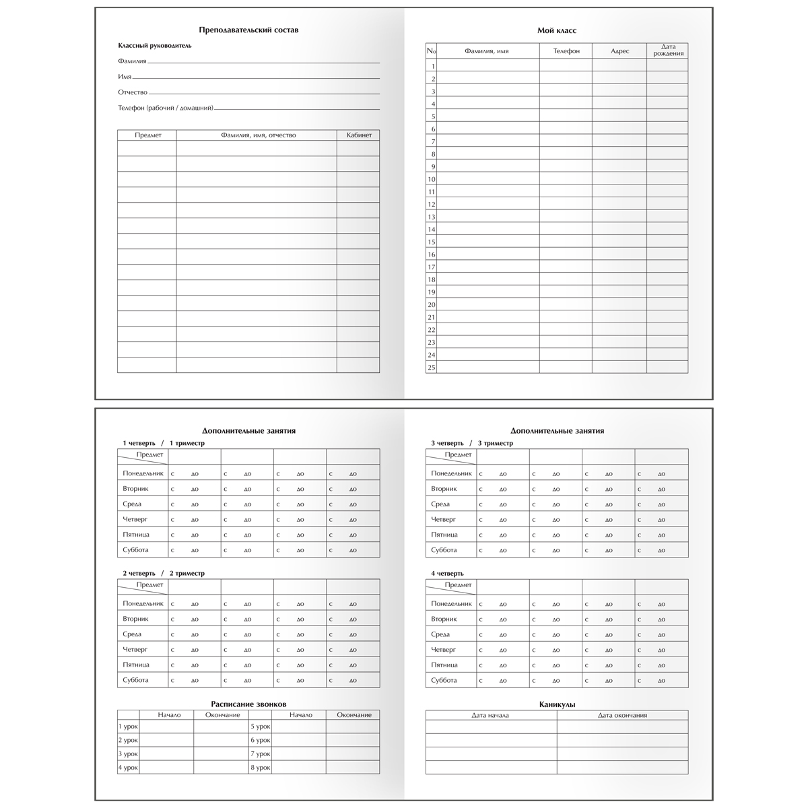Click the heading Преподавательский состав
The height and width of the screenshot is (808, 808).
coord(248,30)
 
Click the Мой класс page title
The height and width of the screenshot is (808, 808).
coord(556,30)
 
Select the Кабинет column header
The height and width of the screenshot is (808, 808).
coord(358,135)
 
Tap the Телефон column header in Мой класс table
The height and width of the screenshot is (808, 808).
coord(566,51)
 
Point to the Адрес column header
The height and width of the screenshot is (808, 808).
coord(619,51)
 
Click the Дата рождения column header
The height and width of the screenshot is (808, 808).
coord(667,50)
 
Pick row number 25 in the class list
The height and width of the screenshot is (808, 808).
coord(432,367)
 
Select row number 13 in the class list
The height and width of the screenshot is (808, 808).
coord(432,217)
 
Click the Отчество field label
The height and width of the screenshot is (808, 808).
coord(133,92)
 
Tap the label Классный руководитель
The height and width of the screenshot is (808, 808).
coord(155,46)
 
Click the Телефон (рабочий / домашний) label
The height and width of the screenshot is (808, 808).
coord(166,108)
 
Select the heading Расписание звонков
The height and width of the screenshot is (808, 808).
coord(248,704)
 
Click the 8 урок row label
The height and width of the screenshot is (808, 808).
coord(261,768)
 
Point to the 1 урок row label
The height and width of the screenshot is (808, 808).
coord(128,727)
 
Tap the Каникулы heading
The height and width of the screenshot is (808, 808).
coord(557,704)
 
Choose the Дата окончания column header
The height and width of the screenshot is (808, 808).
coord(622,715)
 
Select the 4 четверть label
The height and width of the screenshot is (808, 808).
coord(447,574)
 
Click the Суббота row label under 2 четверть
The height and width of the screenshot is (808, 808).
coord(135,680)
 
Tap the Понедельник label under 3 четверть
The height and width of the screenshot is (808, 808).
coord(451,473)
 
